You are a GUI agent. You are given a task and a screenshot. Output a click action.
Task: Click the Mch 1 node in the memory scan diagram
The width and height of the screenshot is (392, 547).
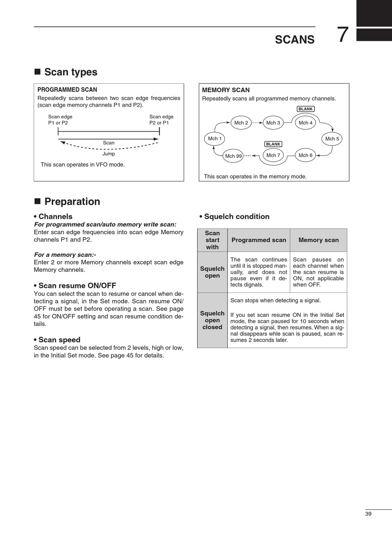(215, 139)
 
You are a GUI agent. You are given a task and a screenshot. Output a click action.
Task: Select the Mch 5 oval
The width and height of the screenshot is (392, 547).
(332, 139)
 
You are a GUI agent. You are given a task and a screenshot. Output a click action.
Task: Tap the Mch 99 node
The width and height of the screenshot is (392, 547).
(233, 156)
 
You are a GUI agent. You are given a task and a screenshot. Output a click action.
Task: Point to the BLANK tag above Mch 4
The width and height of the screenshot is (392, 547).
(305, 109)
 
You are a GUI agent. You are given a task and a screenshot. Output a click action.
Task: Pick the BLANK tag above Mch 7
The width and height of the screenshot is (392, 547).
(273, 144)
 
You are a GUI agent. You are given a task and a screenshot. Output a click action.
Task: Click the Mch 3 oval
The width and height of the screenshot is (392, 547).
(273, 123)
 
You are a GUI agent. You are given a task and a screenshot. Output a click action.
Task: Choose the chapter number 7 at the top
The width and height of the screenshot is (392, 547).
(343, 35)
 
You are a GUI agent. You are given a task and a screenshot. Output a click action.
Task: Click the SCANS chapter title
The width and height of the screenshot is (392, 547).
(295, 40)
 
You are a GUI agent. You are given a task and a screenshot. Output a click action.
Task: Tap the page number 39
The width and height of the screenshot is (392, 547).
(368, 514)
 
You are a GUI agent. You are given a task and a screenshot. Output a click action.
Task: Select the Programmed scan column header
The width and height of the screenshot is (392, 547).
(259, 240)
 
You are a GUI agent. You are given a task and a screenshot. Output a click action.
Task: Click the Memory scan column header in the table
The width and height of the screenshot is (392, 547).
(319, 240)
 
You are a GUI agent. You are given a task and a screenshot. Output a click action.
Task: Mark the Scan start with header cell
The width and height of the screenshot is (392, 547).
(213, 240)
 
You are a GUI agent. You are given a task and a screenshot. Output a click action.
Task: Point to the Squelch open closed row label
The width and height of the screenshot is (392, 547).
(213, 320)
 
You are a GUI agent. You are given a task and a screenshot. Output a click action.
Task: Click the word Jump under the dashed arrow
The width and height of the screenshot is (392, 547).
(109, 153)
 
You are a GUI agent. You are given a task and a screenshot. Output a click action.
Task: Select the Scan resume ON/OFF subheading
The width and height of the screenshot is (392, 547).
(77, 285)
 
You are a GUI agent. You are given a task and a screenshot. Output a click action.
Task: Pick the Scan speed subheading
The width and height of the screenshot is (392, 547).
(59, 340)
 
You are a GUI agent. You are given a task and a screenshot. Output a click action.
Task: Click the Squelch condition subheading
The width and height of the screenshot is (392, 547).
(236, 217)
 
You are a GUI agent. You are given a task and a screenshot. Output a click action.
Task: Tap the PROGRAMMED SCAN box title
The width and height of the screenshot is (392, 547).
(67, 90)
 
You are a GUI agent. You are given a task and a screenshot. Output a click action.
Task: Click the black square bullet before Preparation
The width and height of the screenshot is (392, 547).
(37, 201)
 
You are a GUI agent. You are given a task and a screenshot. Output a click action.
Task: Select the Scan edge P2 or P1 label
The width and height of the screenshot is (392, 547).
(161, 120)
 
